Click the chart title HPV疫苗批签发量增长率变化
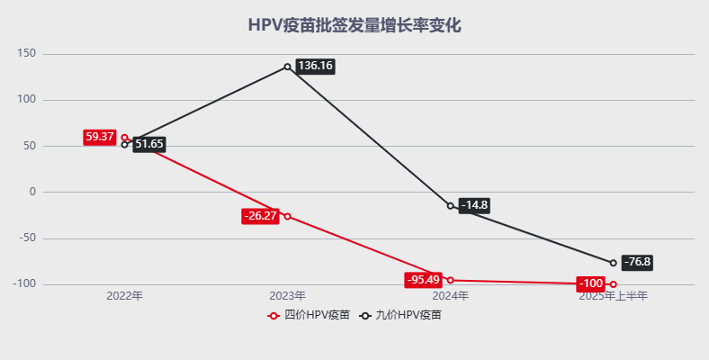[x=354, y=25]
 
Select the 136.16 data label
[x=315, y=66]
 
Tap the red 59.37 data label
[x=100, y=137]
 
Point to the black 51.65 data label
[x=149, y=144]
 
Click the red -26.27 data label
[x=260, y=216]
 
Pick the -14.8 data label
[x=474, y=205]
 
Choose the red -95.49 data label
[x=423, y=279]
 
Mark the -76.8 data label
[x=637, y=262]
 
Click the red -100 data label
[x=591, y=283]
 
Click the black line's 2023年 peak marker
[x=287, y=67]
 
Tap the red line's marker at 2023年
[x=287, y=216]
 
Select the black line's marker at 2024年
[x=450, y=206]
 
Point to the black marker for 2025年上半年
[x=613, y=263]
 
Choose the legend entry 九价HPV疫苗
[x=401, y=316]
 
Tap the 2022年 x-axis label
[x=124, y=295]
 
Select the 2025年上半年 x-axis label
[x=613, y=295]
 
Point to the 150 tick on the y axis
[x=26, y=54]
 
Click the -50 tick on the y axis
[x=27, y=238]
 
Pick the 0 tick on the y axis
[x=32, y=192]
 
